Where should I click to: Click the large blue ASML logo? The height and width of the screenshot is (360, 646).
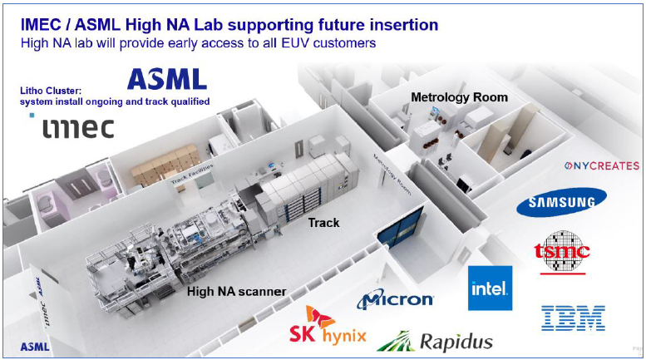pos(167,79)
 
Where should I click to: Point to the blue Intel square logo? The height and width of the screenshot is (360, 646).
pos(490,288)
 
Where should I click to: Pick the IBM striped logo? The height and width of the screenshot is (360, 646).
pos(574,317)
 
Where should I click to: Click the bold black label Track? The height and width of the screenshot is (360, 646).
pos(324,223)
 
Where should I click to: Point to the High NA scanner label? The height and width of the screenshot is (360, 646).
pos(237,291)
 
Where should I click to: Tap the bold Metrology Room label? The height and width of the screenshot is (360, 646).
pos(459,97)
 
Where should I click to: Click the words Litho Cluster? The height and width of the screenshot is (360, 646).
pos(52,90)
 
